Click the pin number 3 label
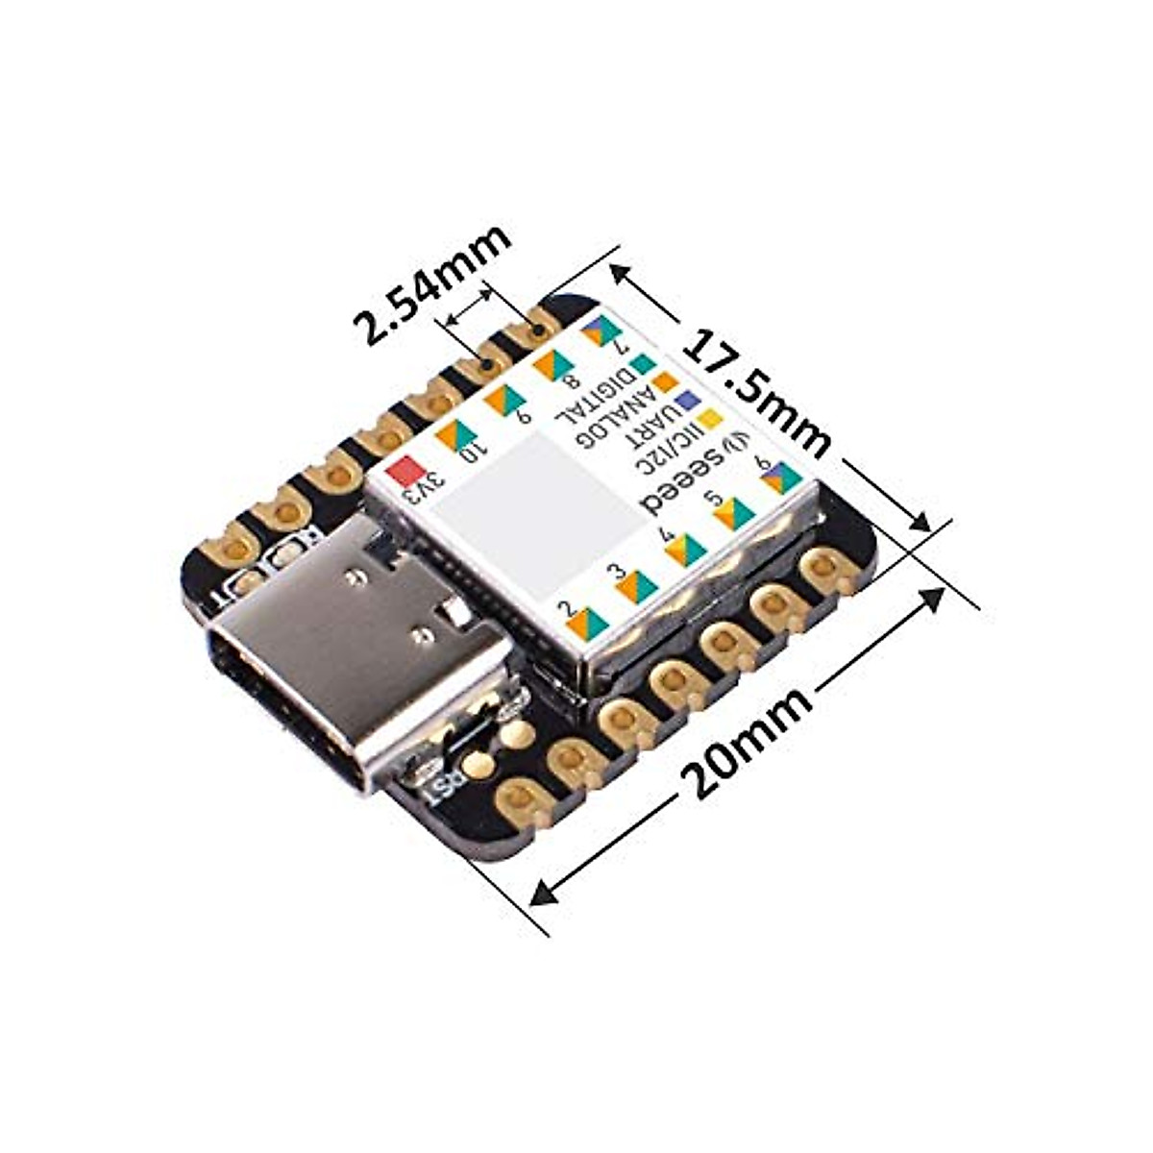616,573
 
